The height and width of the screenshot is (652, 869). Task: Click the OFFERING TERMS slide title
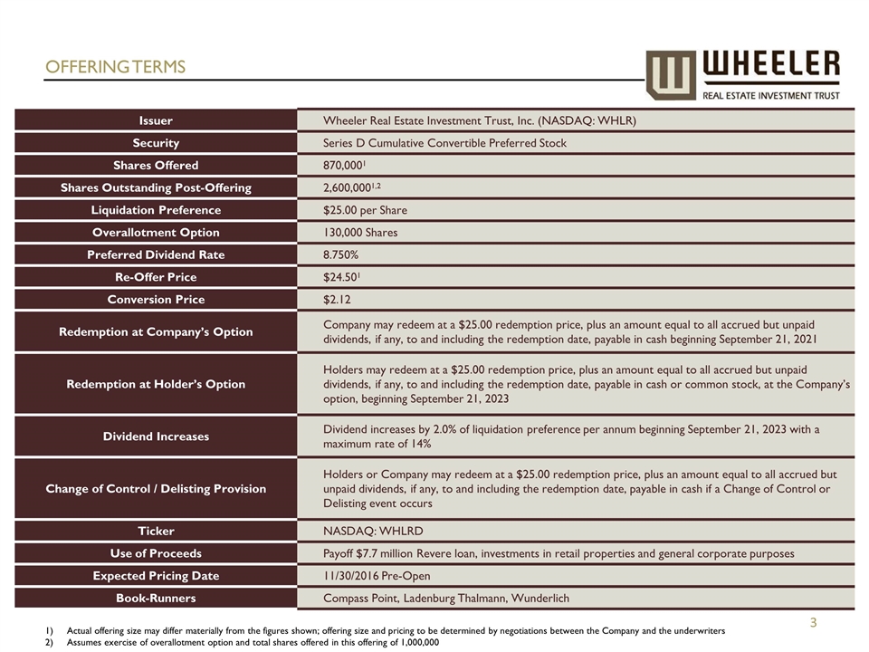click(x=115, y=67)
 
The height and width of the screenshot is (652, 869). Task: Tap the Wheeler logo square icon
click(x=671, y=74)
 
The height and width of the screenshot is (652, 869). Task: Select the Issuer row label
click(x=156, y=120)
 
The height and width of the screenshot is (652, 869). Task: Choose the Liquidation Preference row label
click(x=156, y=210)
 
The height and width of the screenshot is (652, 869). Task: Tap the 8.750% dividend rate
click(x=340, y=254)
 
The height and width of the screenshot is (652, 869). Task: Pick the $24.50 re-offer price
click(x=341, y=277)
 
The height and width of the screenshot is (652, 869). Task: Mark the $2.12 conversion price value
click(x=339, y=300)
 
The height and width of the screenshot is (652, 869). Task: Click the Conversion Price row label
click(x=156, y=300)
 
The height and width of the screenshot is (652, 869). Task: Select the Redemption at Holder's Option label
click(x=156, y=384)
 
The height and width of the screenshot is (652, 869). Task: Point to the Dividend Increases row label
click(x=156, y=436)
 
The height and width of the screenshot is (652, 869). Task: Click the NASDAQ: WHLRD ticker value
click(x=372, y=531)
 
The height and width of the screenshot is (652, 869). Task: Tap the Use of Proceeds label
click(x=156, y=553)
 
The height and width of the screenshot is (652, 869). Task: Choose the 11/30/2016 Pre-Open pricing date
click(x=377, y=576)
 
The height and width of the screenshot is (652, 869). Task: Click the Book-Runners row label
click(x=156, y=599)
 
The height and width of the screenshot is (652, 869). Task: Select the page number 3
click(x=813, y=622)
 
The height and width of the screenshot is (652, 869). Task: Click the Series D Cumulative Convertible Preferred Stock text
click(x=444, y=143)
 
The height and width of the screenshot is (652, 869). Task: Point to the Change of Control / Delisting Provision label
click(x=156, y=489)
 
